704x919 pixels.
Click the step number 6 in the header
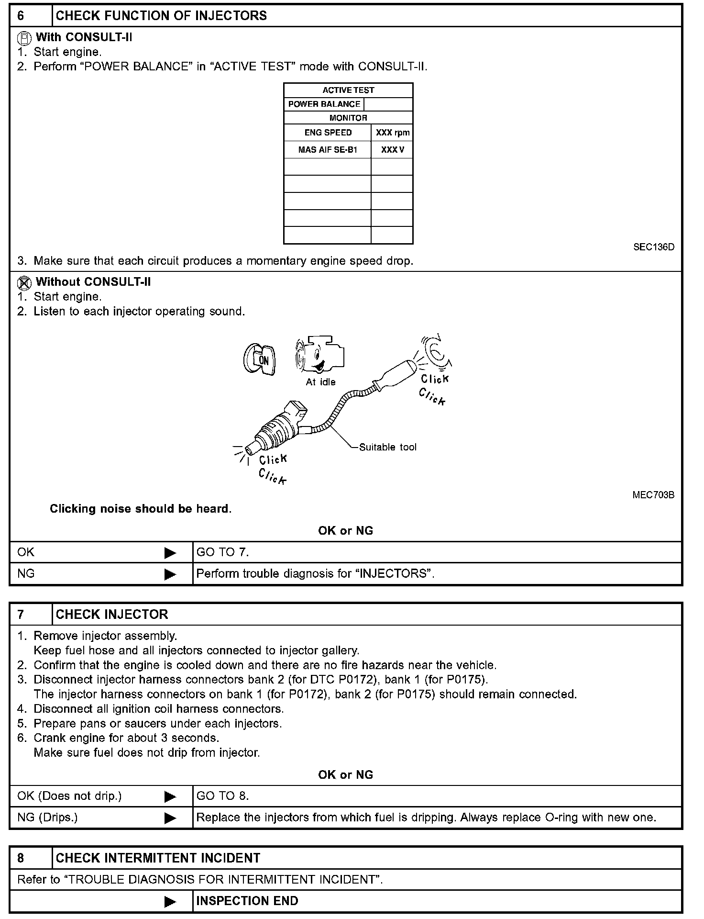(21, 16)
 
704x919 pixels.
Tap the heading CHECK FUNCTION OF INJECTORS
(161, 16)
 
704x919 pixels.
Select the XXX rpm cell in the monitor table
(392, 133)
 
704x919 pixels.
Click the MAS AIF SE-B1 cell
(328, 150)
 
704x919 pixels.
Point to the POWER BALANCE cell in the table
(324, 104)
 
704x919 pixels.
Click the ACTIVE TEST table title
(348, 90)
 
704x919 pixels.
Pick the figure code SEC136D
(653, 247)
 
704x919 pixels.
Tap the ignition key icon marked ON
(259, 359)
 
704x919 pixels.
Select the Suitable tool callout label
(387, 447)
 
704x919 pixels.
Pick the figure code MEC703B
(653, 495)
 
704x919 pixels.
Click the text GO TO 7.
(223, 552)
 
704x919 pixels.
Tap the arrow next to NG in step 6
(170, 574)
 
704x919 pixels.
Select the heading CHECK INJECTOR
(112, 615)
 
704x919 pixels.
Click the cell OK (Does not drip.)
(69, 796)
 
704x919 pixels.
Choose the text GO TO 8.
(223, 796)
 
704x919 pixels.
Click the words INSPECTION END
(247, 901)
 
